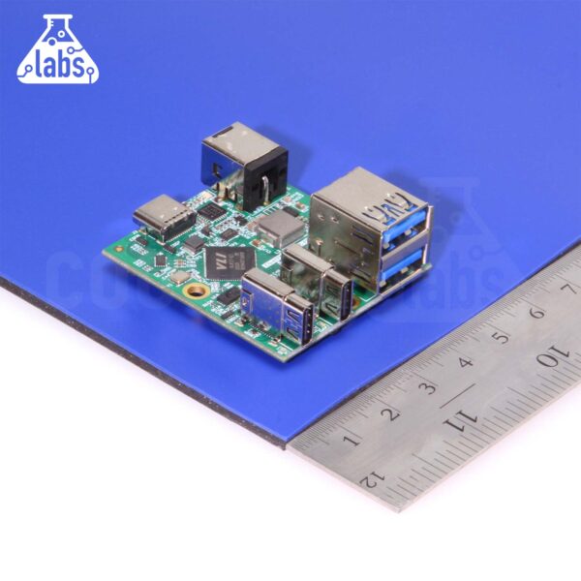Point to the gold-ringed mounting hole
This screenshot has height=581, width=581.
[197, 289]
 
